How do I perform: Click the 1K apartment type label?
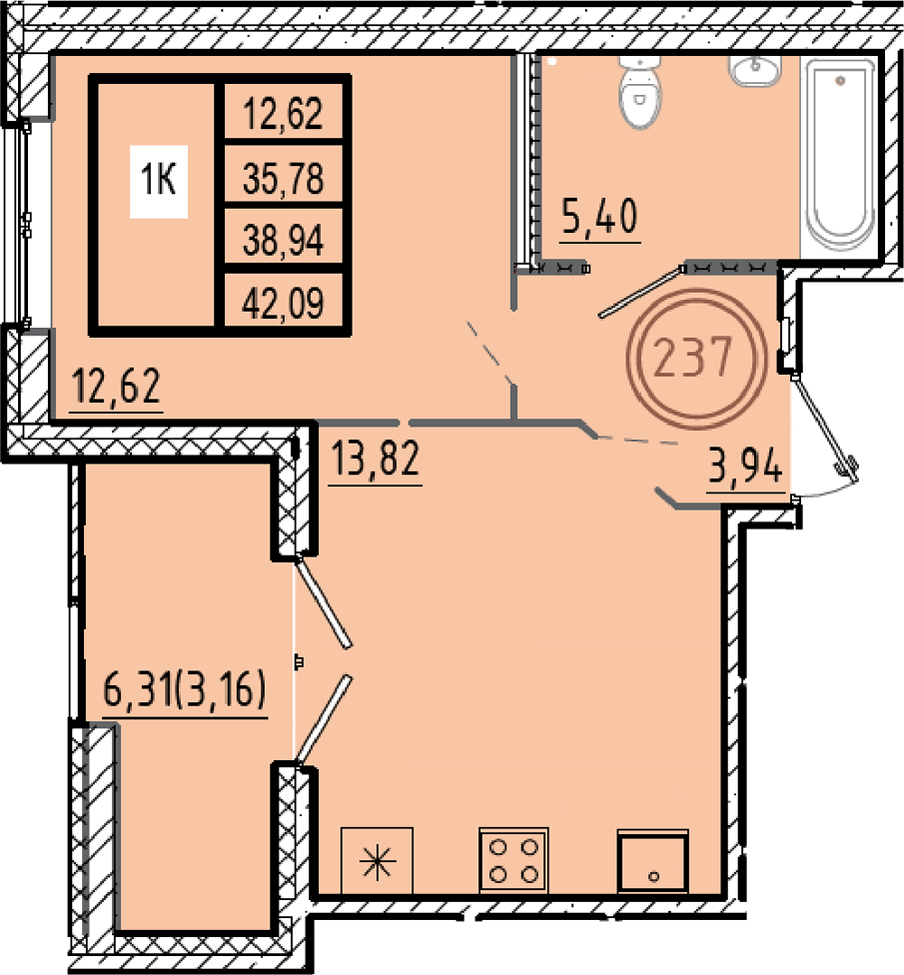[x=158, y=181]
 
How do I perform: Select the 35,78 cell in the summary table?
[x=283, y=178]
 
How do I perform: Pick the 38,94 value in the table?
[x=283, y=240]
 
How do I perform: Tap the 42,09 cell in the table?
[x=283, y=304]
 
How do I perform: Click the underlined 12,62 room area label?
[x=117, y=386]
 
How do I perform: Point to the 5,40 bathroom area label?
[x=599, y=216]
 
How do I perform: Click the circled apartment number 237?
[x=696, y=358]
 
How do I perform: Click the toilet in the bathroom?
[x=640, y=91]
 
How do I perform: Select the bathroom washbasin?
[x=755, y=70]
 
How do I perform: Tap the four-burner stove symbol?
[x=513, y=859]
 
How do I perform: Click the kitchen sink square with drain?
[x=653, y=860]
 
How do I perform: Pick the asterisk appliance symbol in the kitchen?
[x=377, y=860]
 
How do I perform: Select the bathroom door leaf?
[x=642, y=292]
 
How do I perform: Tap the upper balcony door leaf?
[x=324, y=601]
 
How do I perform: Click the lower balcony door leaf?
[x=324, y=720]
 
